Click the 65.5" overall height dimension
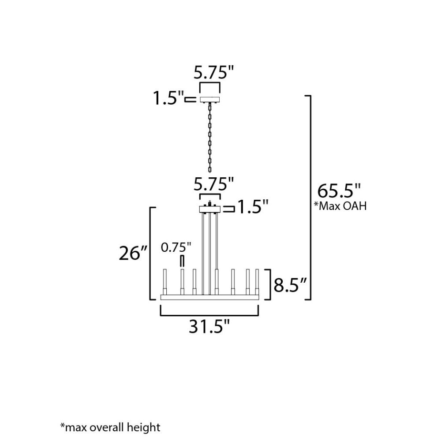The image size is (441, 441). (x=339, y=191)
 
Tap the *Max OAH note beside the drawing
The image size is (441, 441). (x=340, y=206)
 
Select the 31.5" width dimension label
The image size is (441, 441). (x=209, y=326)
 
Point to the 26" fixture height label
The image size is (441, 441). (x=133, y=253)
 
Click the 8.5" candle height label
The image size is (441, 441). (x=290, y=285)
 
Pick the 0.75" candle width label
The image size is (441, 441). (x=176, y=247)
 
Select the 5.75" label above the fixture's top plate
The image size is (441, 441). (x=214, y=184)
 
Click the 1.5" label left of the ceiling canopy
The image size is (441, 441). (x=168, y=98)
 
